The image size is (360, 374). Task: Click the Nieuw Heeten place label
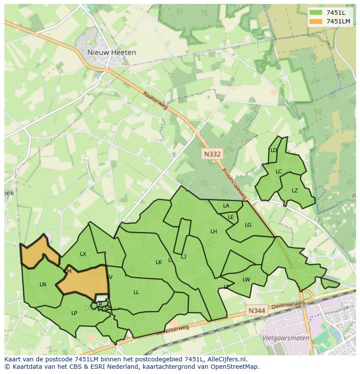pos(111,53)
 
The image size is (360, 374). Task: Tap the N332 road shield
pos(212,154)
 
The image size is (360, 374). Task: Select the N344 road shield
pos(257,311)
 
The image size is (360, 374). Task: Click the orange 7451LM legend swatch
pos(316,21)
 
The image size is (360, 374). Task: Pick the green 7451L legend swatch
pos(316,13)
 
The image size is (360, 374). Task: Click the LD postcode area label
pos(273,150)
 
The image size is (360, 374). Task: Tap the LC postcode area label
pos(279,171)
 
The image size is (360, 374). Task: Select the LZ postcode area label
pos(295,191)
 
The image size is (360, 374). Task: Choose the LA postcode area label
pos(226,206)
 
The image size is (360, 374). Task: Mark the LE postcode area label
pos(231,217)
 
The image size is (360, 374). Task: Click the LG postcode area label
pos(248,225)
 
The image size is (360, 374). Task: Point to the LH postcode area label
pos(213,232)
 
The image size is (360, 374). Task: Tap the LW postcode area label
pos(247,280)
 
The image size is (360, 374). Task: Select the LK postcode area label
pos(159,262)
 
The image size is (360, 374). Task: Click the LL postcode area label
pos(136,292)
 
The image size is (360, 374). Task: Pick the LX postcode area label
pos(83,254)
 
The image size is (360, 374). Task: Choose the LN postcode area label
pos(43,285)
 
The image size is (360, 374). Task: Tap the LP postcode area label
pos(74,313)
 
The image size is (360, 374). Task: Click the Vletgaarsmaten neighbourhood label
pos(286,338)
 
